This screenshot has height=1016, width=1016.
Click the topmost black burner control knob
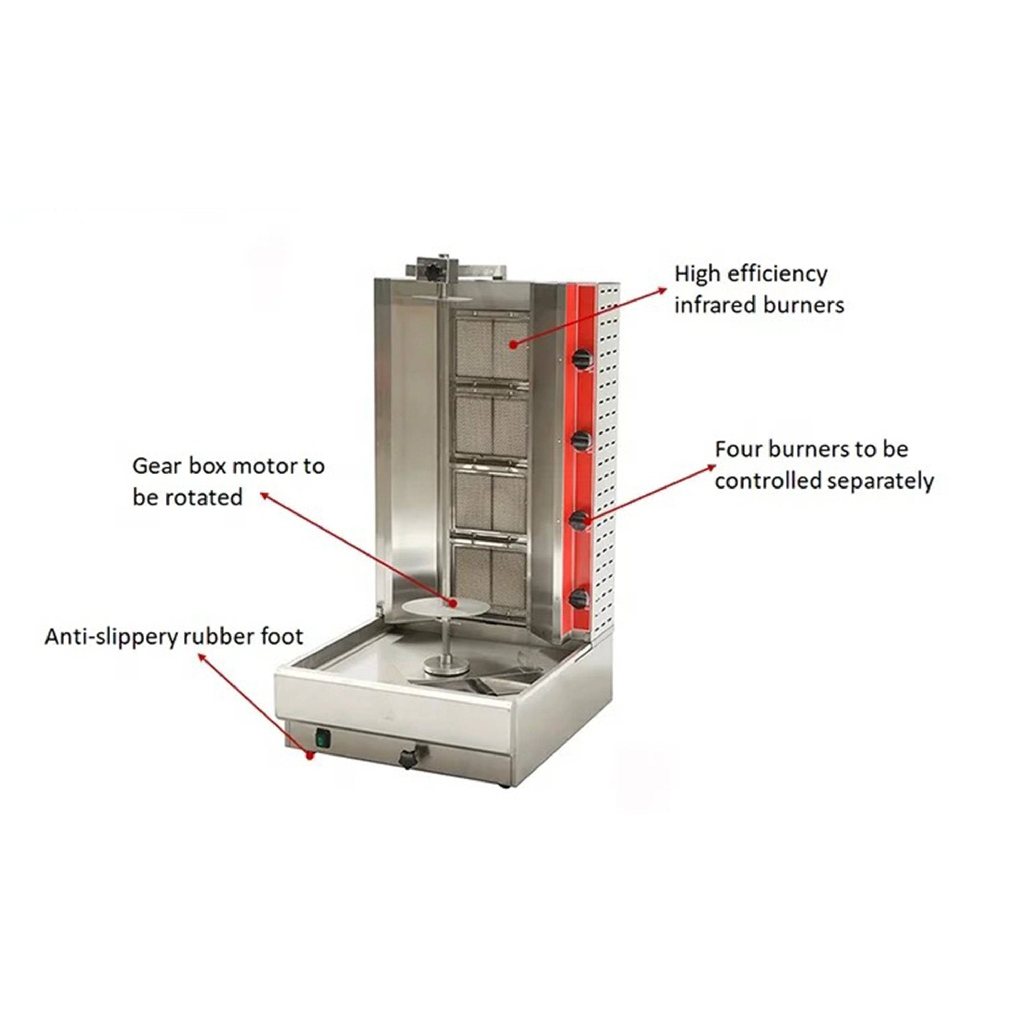coord(581,359)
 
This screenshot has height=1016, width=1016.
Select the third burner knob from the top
coord(578,520)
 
